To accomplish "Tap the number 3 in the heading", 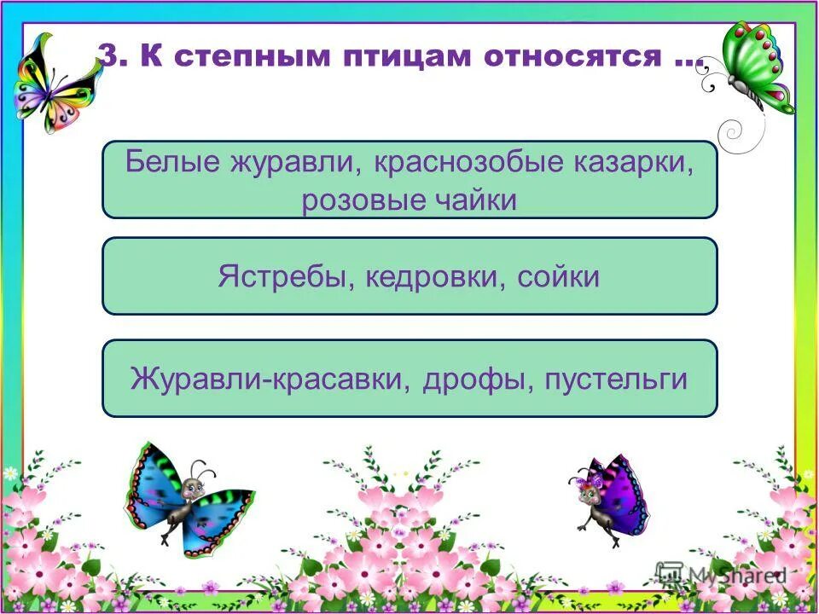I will (x=107, y=56).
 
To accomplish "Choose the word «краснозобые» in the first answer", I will (x=463, y=162).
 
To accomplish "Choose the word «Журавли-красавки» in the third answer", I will (x=269, y=378).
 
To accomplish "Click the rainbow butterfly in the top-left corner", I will (x=55, y=84).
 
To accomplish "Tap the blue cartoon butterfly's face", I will (x=190, y=489).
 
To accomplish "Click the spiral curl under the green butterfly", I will (x=732, y=132).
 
